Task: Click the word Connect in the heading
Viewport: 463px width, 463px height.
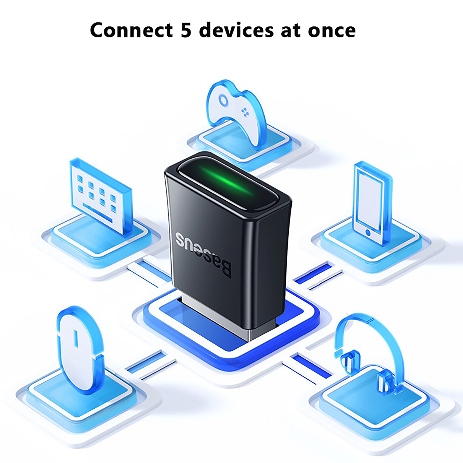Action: [x=131, y=30]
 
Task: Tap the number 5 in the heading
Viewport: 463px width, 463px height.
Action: [x=186, y=30]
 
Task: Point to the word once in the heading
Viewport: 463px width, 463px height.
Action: [x=332, y=31]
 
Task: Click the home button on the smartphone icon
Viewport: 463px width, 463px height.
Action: [x=368, y=232]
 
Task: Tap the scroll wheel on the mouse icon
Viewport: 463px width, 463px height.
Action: [x=76, y=338]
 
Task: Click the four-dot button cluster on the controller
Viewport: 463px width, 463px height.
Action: [x=245, y=112]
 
